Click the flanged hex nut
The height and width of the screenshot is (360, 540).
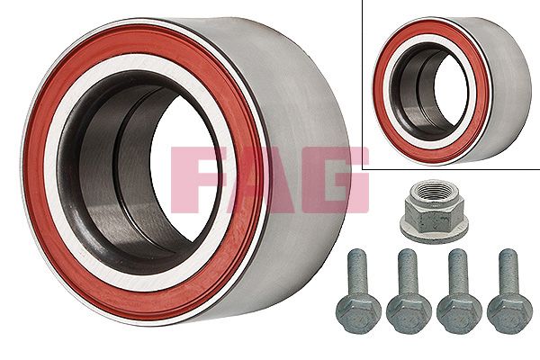pos(434,211)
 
